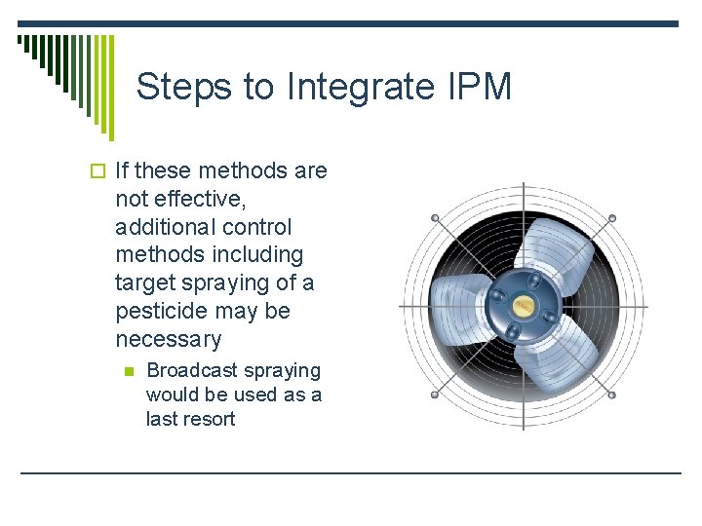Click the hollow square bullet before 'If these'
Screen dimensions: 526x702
pyautogui.click(x=104, y=171)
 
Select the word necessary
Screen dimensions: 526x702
pyautogui.click(x=168, y=340)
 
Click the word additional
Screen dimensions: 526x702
pyautogui.click(x=163, y=228)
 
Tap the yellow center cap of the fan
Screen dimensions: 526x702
pyautogui.click(x=524, y=305)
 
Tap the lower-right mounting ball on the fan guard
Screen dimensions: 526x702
pyautogui.click(x=611, y=394)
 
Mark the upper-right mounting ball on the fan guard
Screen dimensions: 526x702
pyautogui.click(x=611, y=217)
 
